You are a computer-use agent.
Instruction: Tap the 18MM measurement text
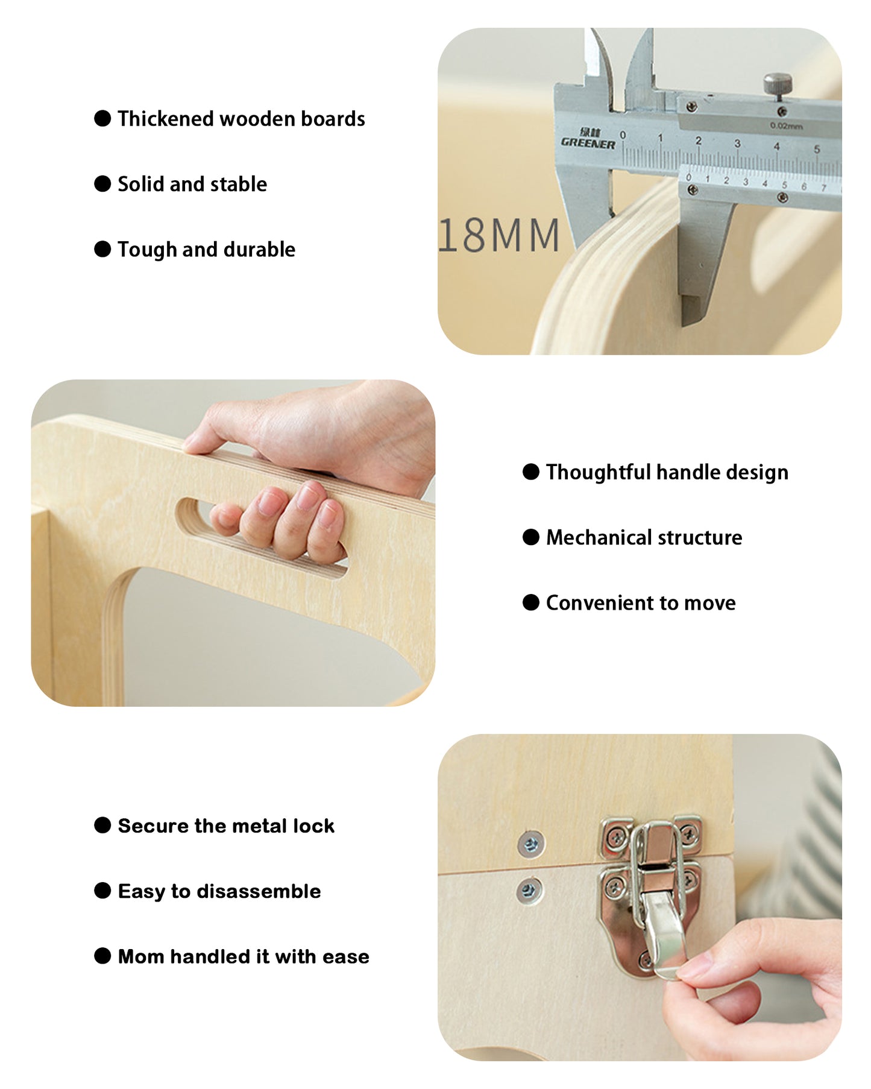point(499,235)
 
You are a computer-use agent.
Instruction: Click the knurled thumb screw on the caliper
point(778,83)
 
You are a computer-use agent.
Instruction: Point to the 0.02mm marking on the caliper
point(787,126)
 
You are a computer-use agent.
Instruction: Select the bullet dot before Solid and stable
point(102,184)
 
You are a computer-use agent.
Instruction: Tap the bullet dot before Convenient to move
point(531,602)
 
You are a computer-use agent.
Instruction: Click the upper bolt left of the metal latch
point(531,844)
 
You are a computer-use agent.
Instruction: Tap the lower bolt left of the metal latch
point(530,890)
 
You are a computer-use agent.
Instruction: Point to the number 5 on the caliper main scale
point(817,148)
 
